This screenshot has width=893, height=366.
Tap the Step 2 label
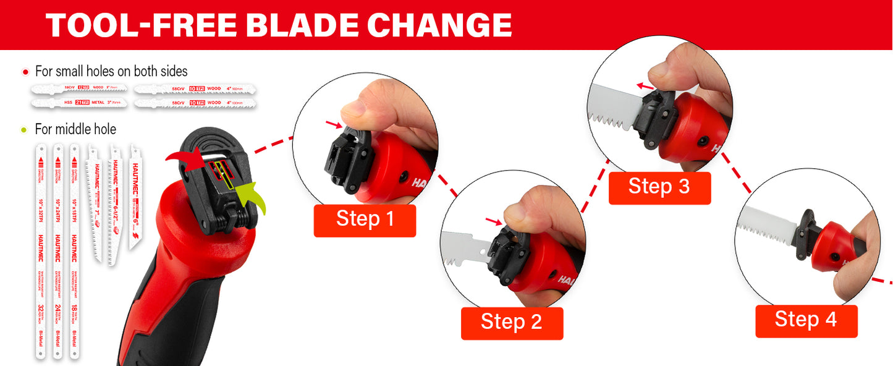pos(512,323)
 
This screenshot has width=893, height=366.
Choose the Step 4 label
pos(806,320)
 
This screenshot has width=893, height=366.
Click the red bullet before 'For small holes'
pos(25,72)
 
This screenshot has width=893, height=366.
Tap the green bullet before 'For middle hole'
pos(24,130)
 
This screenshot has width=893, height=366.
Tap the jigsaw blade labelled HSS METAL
pos(80,102)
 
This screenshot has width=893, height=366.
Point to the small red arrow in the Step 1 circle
pos(333,126)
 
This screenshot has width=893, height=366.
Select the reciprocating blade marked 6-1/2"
pos(114,204)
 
